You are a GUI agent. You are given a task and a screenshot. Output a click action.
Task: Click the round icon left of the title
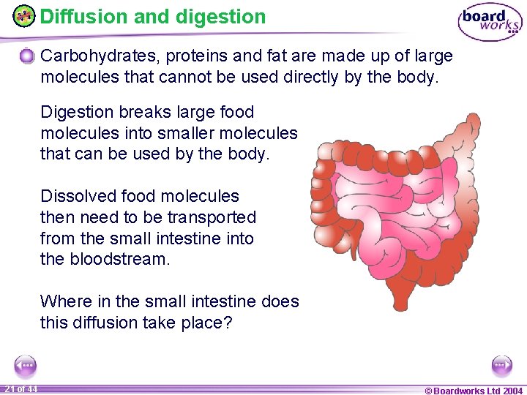click(x=24, y=15)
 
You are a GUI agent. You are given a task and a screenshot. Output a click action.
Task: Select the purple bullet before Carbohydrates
click(x=27, y=56)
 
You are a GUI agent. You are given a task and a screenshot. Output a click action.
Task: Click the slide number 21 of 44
click(x=21, y=388)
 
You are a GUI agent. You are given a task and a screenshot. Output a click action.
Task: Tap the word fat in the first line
click(x=285, y=56)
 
